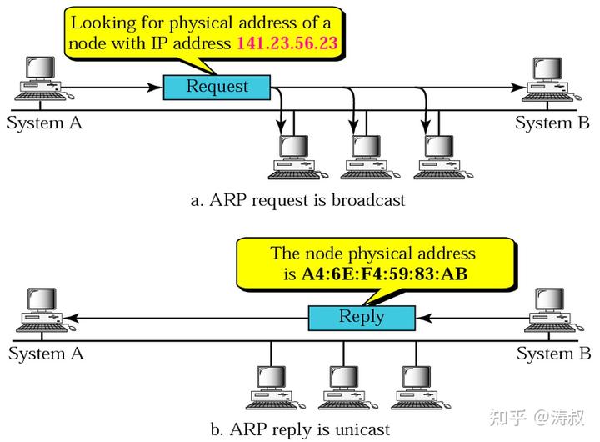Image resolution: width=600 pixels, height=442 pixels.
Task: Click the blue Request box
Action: click(x=217, y=88)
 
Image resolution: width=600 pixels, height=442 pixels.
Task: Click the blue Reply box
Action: click(x=362, y=318)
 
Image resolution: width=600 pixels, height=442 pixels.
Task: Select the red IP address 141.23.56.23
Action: click(x=287, y=43)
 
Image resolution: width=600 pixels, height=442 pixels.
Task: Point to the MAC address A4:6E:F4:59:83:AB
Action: click(x=384, y=274)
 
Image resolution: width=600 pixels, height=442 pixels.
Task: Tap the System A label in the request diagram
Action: click(x=44, y=123)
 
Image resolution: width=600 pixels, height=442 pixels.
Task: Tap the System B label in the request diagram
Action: click(x=552, y=123)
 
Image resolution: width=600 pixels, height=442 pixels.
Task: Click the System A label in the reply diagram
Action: click(x=46, y=354)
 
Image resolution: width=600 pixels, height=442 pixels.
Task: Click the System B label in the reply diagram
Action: click(x=553, y=354)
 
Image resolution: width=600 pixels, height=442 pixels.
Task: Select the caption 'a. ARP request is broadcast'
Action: click(x=297, y=200)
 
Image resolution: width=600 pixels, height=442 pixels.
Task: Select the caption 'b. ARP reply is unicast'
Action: click(x=300, y=429)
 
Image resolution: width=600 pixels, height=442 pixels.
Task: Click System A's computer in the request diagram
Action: click(x=43, y=78)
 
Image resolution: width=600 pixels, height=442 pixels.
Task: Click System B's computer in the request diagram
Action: click(x=552, y=80)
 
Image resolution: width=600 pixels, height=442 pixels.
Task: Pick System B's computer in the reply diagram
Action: click(x=553, y=310)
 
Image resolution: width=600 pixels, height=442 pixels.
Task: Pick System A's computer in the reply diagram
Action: click(x=46, y=310)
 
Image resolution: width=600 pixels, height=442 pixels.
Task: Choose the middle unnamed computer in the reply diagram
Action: click(x=347, y=388)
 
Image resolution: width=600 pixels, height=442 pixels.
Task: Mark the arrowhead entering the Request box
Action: click(x=155, y=88)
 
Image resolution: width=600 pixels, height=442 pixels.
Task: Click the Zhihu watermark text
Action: click(x=537, y=418)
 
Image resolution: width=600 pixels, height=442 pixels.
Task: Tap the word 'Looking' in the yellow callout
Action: click(x=103, y=23)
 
